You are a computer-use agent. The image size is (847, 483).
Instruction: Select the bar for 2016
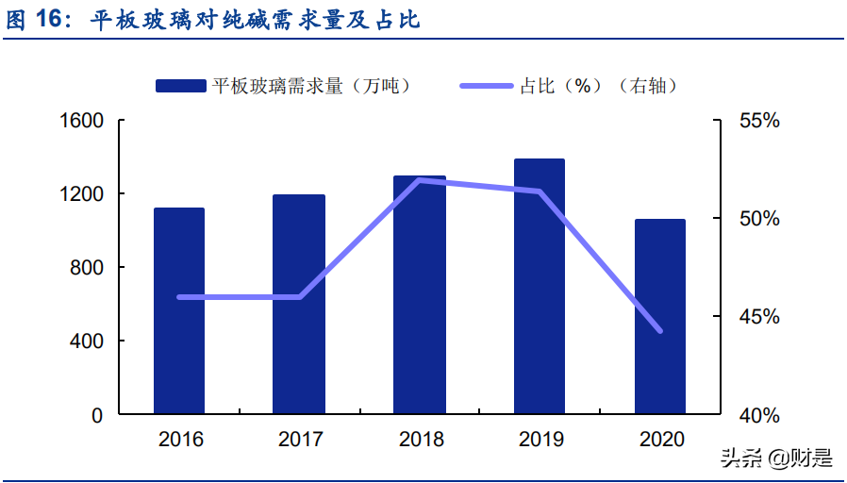(179, 310)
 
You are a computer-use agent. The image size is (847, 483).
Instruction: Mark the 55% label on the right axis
(759, 121)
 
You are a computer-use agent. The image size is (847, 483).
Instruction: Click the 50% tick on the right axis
(759, 219)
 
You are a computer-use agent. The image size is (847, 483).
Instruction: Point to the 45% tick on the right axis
(759, 317)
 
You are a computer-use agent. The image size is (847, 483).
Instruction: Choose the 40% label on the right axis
(759, 415)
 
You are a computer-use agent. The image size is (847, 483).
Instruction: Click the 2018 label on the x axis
(421, 440)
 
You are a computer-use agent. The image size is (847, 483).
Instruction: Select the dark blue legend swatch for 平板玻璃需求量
(180, 86)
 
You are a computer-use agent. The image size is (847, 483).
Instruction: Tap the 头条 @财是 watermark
(777, 459)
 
